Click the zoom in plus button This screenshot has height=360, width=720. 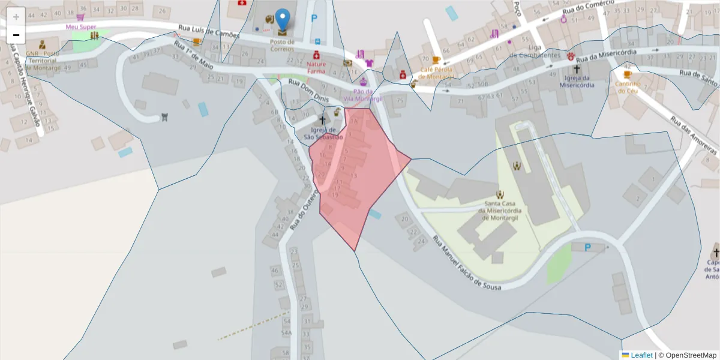click(16, 16)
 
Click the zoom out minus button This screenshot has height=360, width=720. click(16, 35)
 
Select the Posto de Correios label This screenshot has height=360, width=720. click(282, 46)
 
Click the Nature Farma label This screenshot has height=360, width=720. click(316, 67)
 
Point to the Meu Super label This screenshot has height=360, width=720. click(81, 27)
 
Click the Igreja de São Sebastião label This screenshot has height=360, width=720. click(323, 133)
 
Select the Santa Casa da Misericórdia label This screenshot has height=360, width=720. click(500, 211)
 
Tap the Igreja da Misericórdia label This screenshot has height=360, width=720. click(577, 82)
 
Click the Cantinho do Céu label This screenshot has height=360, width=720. click(628, 87)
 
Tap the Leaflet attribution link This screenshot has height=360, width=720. click(641, 355)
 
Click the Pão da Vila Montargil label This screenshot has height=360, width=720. click(363, 95)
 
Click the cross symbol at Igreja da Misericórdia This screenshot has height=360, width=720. click(577, 70)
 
